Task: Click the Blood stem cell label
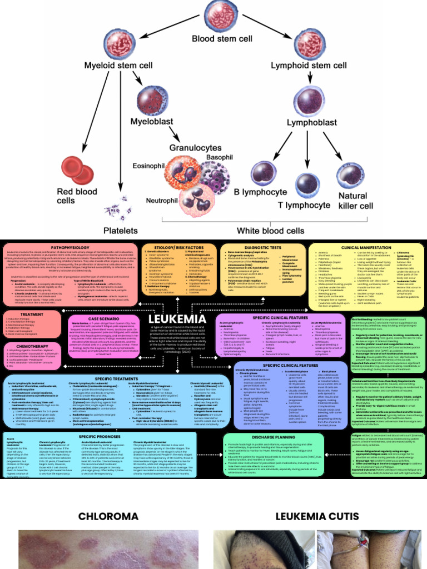[x=221, y=39]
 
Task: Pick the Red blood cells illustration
[x=74, y=171]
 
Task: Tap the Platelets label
[x=121, y=230]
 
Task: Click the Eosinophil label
[x=149, y=166]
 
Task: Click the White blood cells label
[x=271, y=230]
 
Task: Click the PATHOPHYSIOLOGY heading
[x=70, y=247]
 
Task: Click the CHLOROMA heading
[x=108, y=516]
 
